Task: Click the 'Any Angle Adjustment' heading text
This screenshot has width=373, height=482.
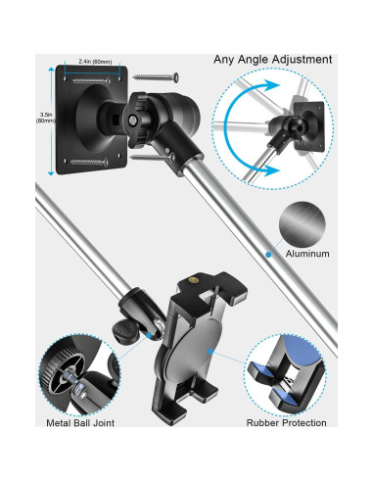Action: (x=274, y=59)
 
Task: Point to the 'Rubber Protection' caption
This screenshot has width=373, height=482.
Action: (x=287, y=423)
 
